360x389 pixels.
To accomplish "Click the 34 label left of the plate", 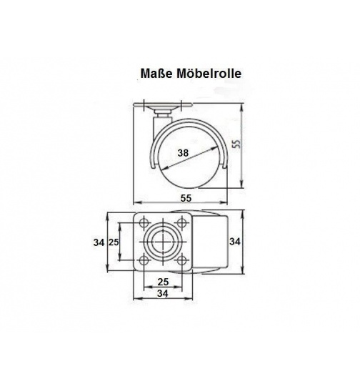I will pos(99,243).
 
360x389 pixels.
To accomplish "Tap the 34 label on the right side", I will pos(234,242).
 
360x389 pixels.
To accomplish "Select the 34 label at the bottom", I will pos(164,293).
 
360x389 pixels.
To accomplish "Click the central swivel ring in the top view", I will pos(164,241).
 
